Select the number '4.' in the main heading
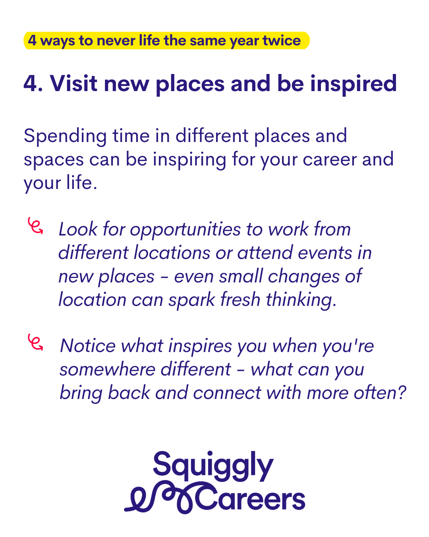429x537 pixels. click(33, 84)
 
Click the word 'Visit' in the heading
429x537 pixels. click(73, 83)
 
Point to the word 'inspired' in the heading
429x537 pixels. click(353, 85)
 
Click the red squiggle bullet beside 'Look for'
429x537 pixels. click(35, 225)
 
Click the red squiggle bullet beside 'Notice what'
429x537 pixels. click(35, 342)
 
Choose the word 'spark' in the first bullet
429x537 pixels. click(192, 300)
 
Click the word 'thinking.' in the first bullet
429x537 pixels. click(301, 300)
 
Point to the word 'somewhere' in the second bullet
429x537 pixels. click(108, 370)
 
